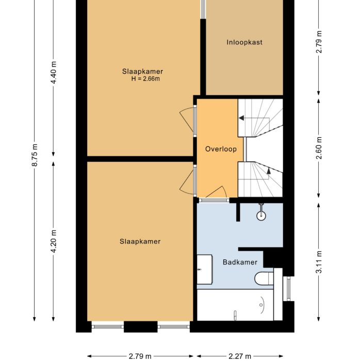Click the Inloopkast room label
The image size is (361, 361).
click(244, 42)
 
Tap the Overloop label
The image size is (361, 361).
click(220, 149)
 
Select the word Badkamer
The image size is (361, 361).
click(240, 262)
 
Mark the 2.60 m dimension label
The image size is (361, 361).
click(319, 146)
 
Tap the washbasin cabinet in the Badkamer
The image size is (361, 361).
click(205, 269)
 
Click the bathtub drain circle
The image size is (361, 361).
click(235, 313)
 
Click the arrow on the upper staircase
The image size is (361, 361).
click(241, 119)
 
